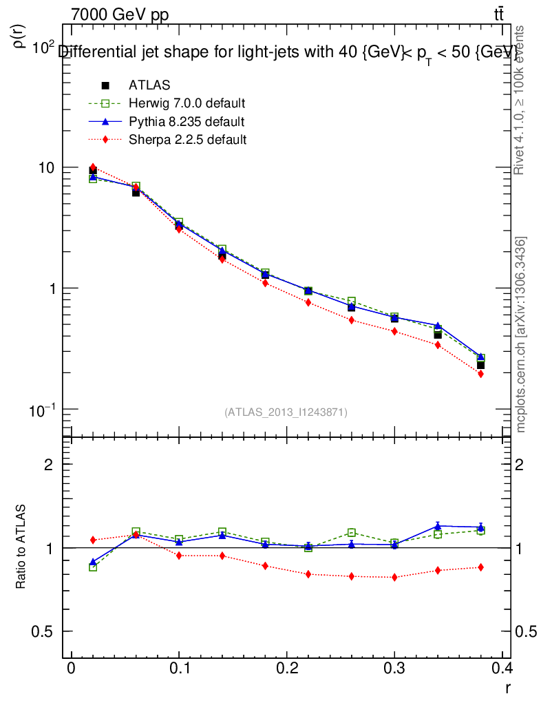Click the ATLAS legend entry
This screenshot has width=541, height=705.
(x=149, y=85)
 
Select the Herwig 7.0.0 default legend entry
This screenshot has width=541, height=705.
(x=187, y=103)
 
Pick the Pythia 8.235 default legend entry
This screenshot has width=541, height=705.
(x=186, y=121)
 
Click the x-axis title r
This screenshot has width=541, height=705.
(x=508, y=687)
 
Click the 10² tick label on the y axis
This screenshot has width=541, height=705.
(x=44, y=47)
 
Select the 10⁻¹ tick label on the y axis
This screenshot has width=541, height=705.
(x=43, y=409)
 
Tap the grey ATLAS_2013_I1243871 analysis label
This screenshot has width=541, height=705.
(x=286, y=412)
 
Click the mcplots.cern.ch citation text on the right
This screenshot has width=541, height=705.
(x=522, y=335)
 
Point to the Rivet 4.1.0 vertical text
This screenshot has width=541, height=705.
(x=519, y=100)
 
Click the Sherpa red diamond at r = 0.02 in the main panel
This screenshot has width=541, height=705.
(x=93, y=167)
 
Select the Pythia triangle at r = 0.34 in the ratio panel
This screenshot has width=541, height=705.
(x=438, y=526)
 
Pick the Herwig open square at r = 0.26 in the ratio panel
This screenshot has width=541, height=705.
(x=352, y=532)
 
